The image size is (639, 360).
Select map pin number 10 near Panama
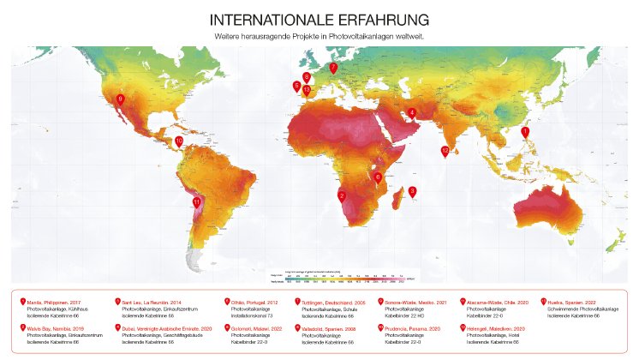click(x=179, y=141)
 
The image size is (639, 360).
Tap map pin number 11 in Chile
click(x=197, y=203)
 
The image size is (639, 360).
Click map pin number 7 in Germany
click(x=333, y=68)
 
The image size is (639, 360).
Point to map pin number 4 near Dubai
click(x=412, y=112)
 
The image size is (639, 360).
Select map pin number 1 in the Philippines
click(x=525, y=132)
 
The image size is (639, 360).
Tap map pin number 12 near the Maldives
click(x=445, y=151)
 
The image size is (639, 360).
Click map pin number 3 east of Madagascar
click(x=412, y=192)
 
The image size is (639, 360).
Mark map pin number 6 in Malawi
click(x=378, y=177)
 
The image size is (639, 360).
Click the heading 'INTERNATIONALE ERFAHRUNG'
click(x=319, y=19)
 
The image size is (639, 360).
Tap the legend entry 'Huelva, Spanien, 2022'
click(x=577, y=303)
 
